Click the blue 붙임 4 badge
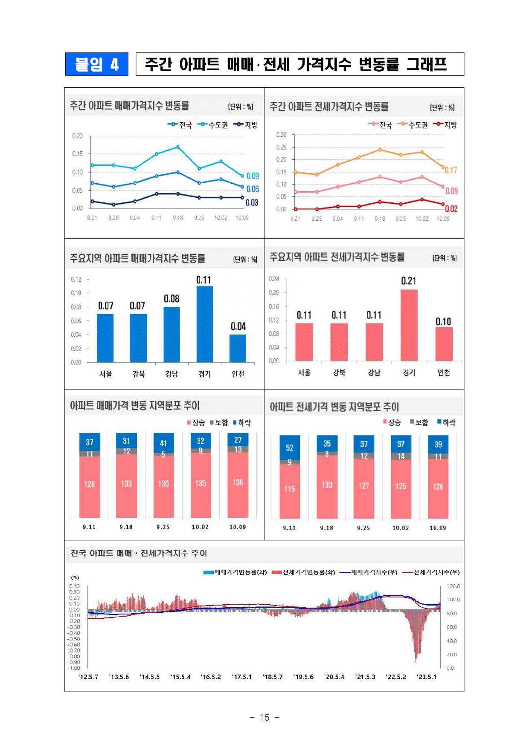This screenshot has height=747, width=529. coord(96,64)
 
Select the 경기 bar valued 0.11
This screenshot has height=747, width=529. coord(205,324)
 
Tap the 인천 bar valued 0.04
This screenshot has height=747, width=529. coord(238,348)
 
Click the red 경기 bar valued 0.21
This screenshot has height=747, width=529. coord(409,325)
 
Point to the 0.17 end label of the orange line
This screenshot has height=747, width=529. coord(451,170)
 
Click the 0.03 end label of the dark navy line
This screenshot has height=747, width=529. coord(252,203)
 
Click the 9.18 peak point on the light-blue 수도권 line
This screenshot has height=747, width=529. coord(178,147)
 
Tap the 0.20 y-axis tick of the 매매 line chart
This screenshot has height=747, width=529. coord(77,136)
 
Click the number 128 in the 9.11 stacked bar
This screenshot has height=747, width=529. coord(90,484)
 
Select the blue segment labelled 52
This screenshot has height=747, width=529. coord(290,447)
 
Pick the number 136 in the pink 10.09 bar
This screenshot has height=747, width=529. coord(238,482)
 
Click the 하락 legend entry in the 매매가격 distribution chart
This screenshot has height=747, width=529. coord(242,423)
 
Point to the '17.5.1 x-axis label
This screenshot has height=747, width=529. coord(242,677)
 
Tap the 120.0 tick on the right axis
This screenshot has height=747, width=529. coord(453,586)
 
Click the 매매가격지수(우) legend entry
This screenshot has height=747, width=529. coord(369,572)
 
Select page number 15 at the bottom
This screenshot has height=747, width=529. coord(264,718)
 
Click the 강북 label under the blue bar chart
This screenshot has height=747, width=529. coord(139,374)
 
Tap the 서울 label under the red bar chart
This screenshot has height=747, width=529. coord(304,372)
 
